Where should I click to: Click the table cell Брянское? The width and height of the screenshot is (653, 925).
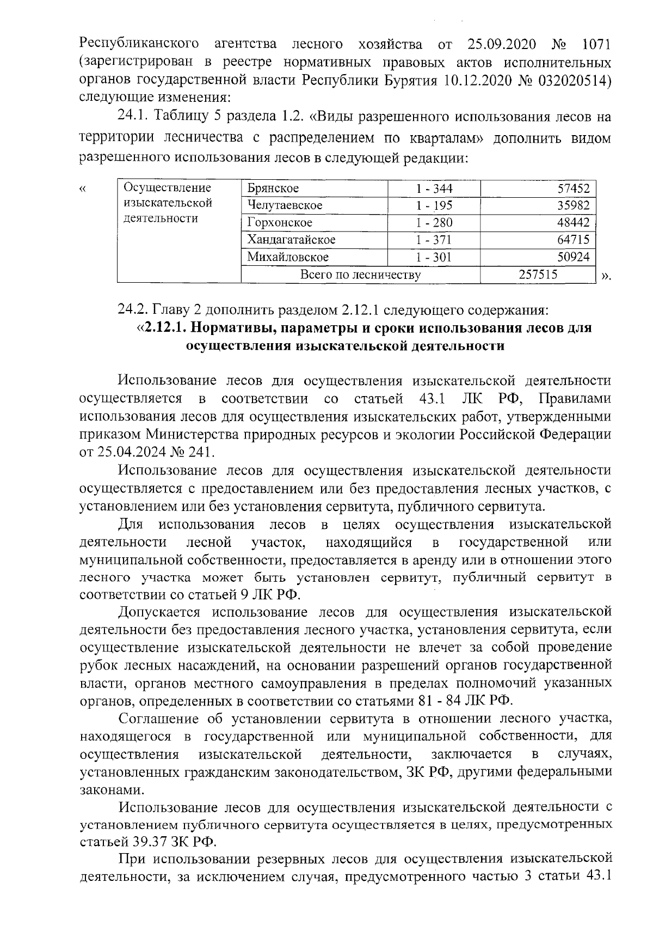[x=273, y=188]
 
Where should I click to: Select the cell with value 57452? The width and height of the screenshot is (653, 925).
[x=574, y=188]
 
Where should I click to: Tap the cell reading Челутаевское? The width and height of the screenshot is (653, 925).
[x=285, y=205]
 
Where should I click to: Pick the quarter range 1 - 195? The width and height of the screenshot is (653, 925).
[x=434, y=205]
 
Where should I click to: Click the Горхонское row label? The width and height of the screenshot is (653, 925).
[x=280, y=222]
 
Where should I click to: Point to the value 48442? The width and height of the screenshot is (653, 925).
[x=574, y=222]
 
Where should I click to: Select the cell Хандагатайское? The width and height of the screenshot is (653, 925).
[x=291, y=240]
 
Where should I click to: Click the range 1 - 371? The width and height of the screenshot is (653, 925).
[x=434, y=240]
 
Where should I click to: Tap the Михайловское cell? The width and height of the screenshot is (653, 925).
[x=288, y=257]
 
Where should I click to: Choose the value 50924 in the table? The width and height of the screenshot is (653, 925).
[x=574, y=257]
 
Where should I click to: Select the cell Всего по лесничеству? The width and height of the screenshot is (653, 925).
[x=360, y=274]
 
